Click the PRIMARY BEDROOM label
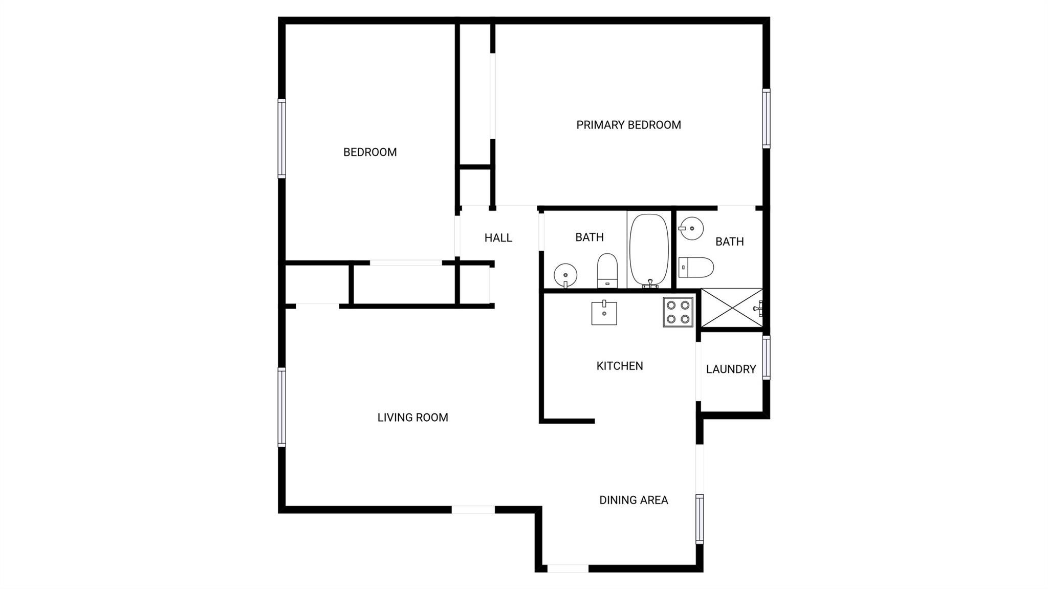628,125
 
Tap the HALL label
498,238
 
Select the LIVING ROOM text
412,418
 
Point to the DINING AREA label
634,500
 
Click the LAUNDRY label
731,369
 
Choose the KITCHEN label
620,366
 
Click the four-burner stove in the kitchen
678,312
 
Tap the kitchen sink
604,313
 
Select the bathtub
649,251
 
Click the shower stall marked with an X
732,308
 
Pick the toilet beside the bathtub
607,270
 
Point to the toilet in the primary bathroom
696,267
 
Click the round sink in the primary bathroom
690,228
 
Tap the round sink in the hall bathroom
565,275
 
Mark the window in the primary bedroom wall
766,119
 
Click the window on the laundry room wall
766,357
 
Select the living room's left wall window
281,407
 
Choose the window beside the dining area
700,519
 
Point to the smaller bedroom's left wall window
281,138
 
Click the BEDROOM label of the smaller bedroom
370,152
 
